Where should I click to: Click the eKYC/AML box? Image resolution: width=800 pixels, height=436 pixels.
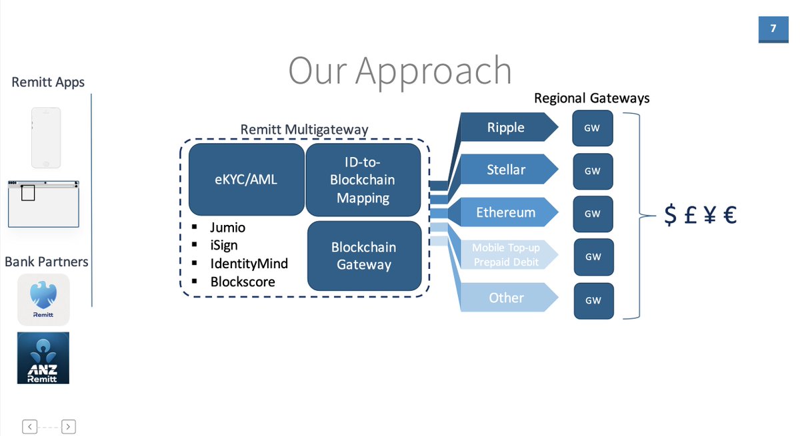point(246,180)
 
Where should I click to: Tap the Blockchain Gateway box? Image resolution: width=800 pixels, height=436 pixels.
point(364,256)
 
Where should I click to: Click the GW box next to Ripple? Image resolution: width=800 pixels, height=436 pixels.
point(592,128)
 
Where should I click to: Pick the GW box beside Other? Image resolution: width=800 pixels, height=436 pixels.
point(593,300)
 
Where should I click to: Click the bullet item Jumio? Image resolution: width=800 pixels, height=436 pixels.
point(227,228)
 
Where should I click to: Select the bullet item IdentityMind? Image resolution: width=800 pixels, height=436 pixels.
point(249,264)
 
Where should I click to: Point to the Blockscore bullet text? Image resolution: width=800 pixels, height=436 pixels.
point(242,282)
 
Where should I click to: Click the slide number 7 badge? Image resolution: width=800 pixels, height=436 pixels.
point(773,29)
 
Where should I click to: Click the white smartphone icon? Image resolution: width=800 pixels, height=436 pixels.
point(45,138)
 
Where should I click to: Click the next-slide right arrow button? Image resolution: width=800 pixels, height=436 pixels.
point(69,427)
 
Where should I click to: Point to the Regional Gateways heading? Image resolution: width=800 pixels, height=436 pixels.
point(591,99)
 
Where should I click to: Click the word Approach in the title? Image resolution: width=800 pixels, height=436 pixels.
point(433,71)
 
